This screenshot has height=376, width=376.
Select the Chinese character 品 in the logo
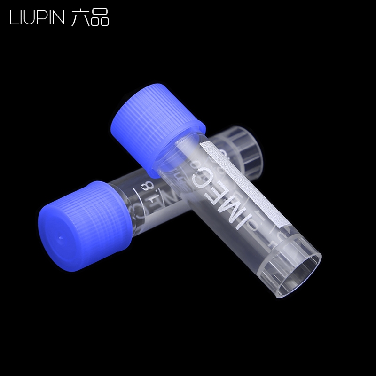click(100, 17)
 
